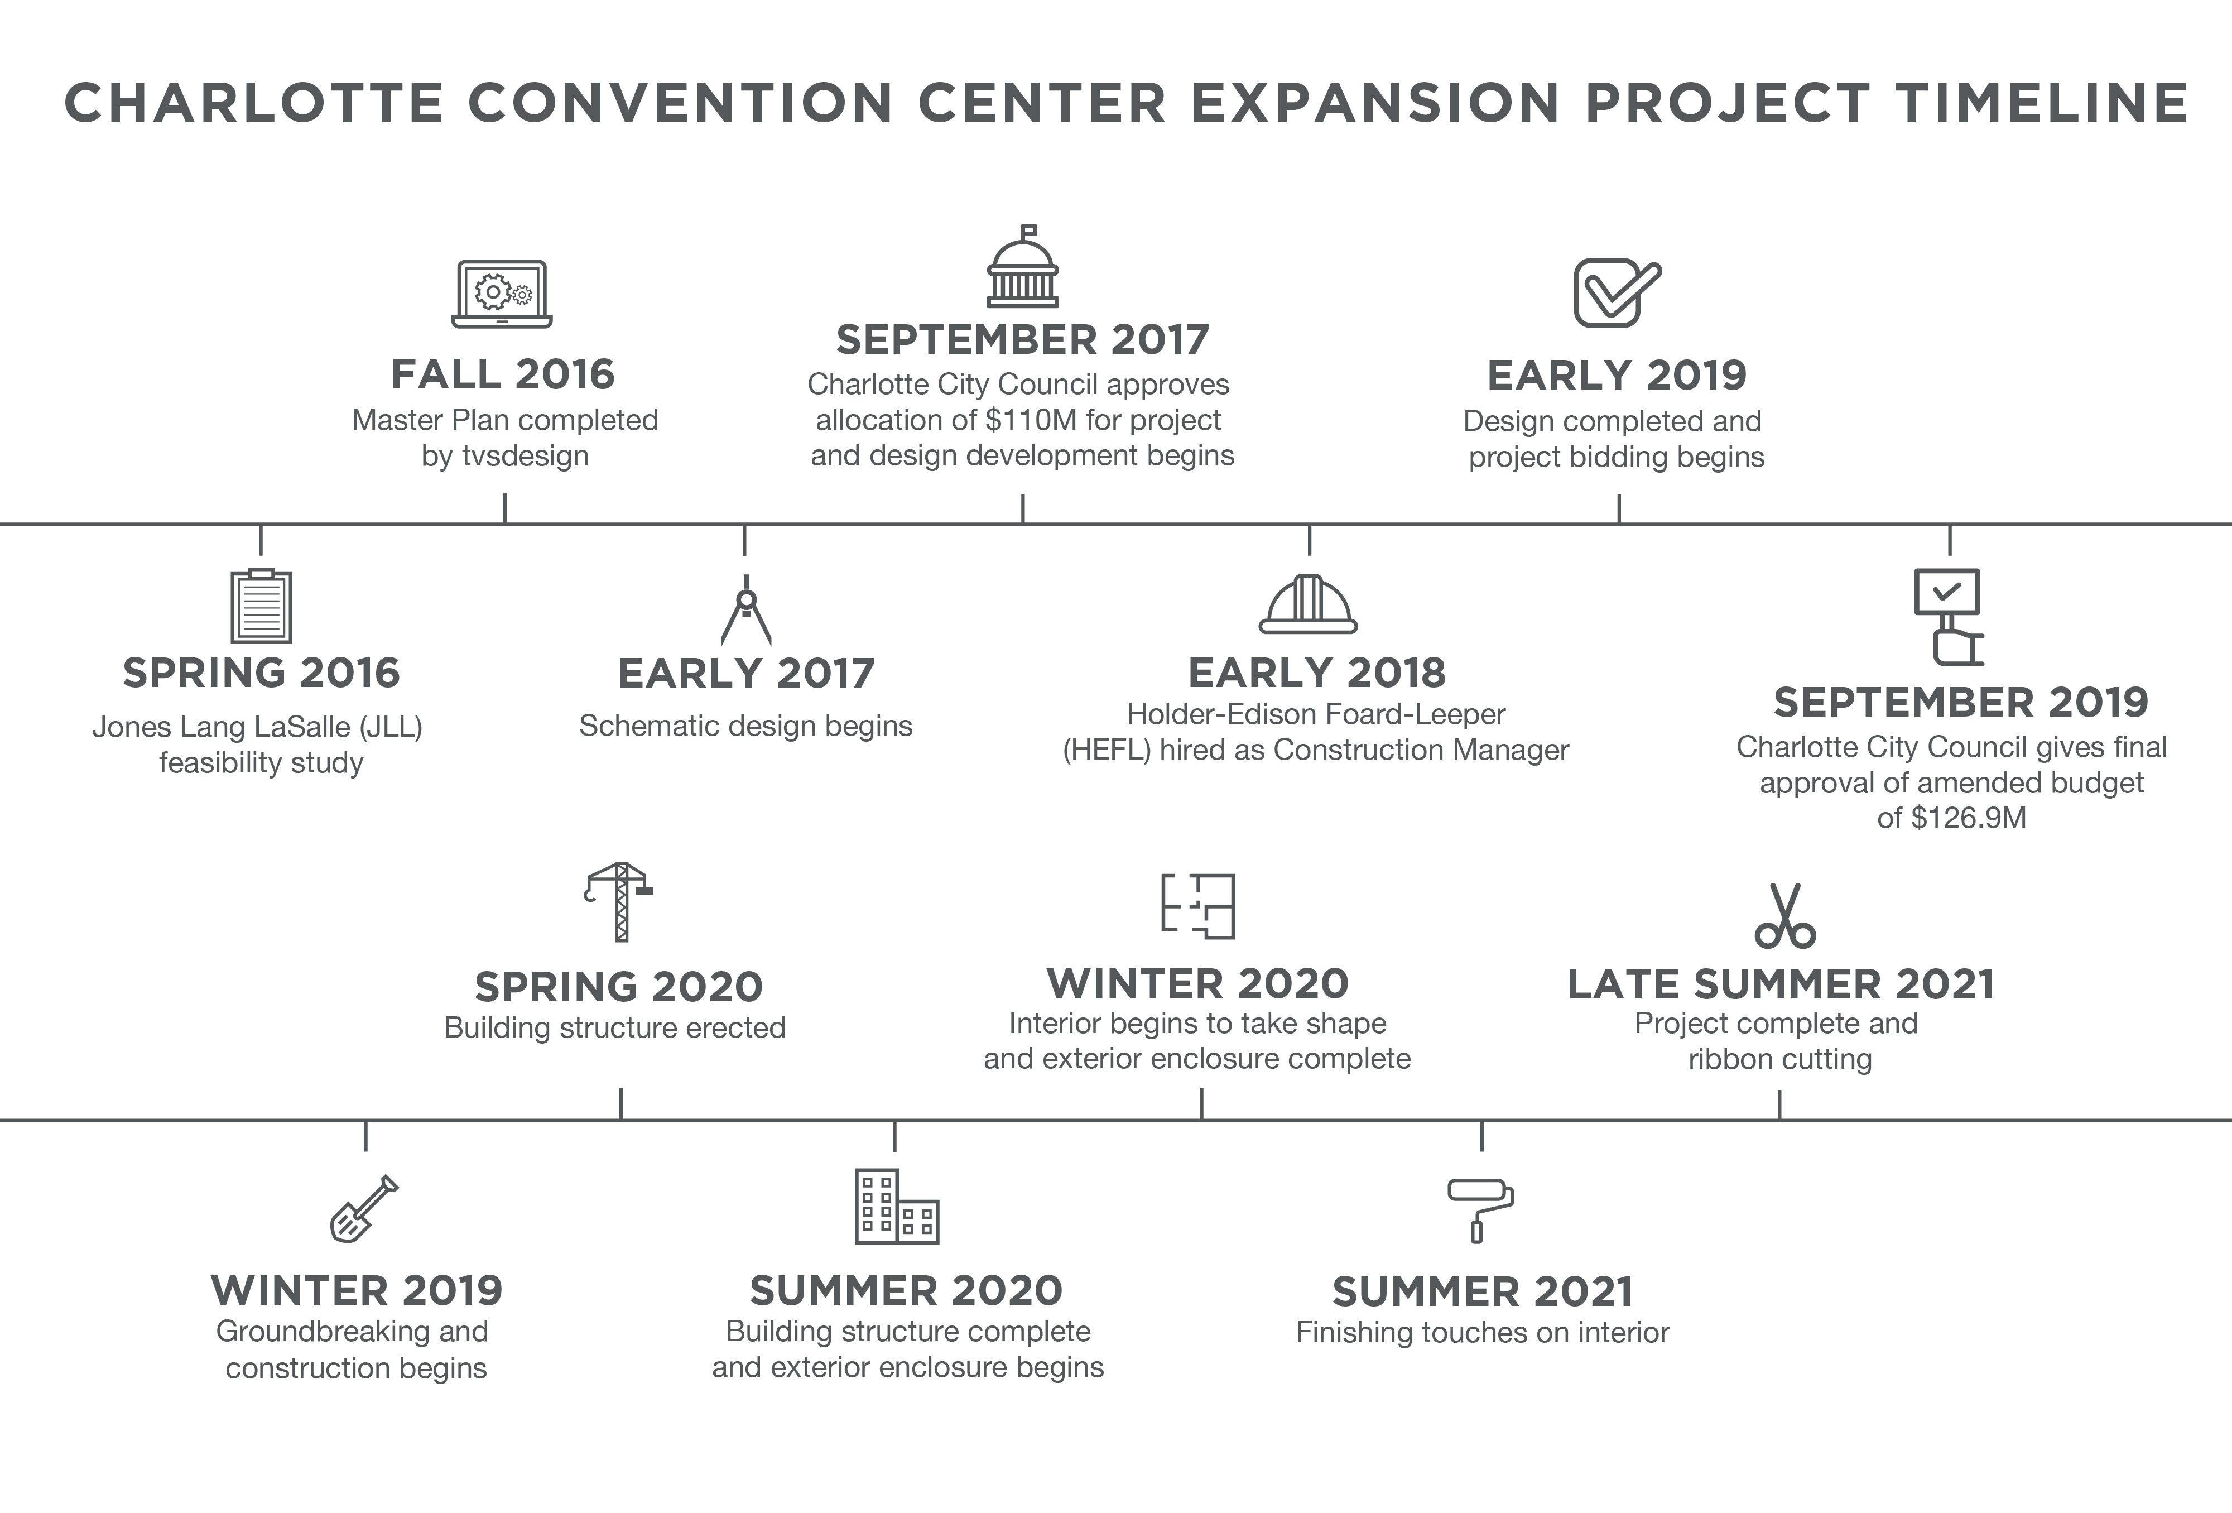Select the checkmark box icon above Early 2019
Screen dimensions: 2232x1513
click(x=1617, y=292)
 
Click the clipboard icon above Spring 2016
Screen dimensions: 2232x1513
click(x=261, y=606)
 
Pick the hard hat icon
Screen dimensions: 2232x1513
click(x=1308, y=604)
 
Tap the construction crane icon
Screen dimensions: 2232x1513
click(x=618, y=902)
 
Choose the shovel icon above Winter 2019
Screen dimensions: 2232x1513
click(x=364, y=1208)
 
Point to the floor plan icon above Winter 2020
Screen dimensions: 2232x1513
click(x=1197, y=906)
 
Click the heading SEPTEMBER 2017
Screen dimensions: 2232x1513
click(x=1023, y=340)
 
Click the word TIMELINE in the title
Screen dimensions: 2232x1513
click(x=2042, y=103)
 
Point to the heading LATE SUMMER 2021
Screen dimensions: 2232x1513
click(x=1781, y=984)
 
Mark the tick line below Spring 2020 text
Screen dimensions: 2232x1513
click(x=622, y=1104)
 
